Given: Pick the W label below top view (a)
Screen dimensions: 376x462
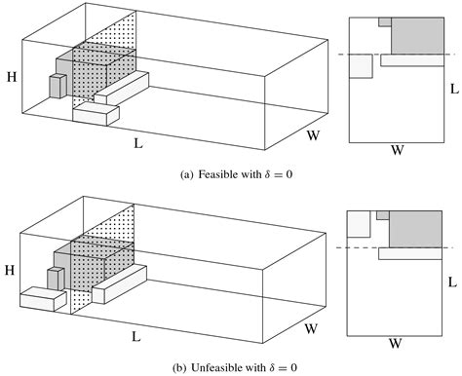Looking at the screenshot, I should coord(397,150).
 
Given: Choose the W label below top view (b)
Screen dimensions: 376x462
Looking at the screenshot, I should coord(397,342).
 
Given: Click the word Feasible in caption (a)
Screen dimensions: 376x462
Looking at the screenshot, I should coord(221,175).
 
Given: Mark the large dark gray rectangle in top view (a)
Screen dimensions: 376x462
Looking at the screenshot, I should coord(418,34).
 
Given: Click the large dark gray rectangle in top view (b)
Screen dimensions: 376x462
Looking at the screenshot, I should coord(418,227).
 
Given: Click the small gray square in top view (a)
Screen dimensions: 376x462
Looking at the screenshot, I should coord(385,20).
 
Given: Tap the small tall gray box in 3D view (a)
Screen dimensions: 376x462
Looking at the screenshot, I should coord(57,85).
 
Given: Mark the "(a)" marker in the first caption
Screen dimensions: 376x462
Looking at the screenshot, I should coord(187,175).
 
